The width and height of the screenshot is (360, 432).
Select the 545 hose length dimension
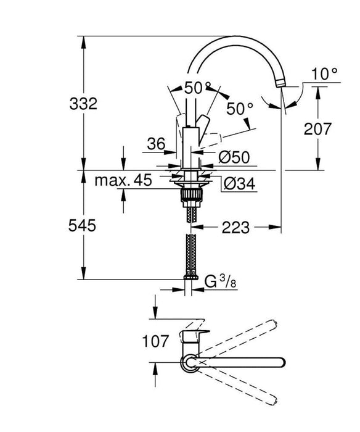coord(83,226)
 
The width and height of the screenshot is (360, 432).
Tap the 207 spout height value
coord(318,129)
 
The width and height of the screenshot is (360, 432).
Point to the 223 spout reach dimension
coord(235,228)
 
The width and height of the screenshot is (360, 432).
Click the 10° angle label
coord(325,74)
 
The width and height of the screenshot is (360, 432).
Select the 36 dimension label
coord(157,144)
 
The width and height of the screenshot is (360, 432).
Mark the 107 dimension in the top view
coord(153,341)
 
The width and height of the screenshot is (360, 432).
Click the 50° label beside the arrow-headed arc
coord(239,109)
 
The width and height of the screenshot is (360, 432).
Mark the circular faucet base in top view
coord(189,362)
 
